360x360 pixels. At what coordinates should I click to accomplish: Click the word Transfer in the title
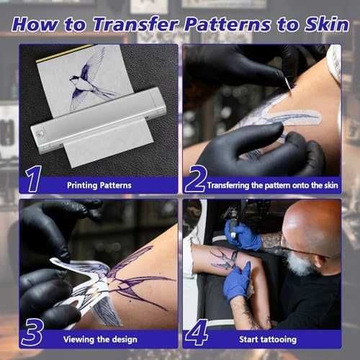click(x=136, y=24)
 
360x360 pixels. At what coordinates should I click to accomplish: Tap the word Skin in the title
click(x=327, y=24)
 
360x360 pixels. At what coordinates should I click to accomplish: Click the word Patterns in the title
click(x=228, y=24)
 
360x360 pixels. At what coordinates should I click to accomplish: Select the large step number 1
click(x=34, y=179)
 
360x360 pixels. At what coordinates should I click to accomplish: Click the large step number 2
click(x=196, y=179)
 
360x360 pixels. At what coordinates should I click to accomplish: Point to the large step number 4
click(x=197, y=333)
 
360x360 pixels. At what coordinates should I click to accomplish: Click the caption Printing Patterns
click(x=99, y=185)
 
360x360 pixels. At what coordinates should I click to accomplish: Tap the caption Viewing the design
click(x=100, y=340)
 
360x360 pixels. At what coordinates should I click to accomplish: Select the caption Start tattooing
click(x=268, y=339)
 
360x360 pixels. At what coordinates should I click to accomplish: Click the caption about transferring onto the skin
click(x=273, y=185)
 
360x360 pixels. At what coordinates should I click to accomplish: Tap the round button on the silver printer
click(x=40, y=132)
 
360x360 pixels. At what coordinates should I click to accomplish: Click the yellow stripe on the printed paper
click(x=64, y=53)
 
